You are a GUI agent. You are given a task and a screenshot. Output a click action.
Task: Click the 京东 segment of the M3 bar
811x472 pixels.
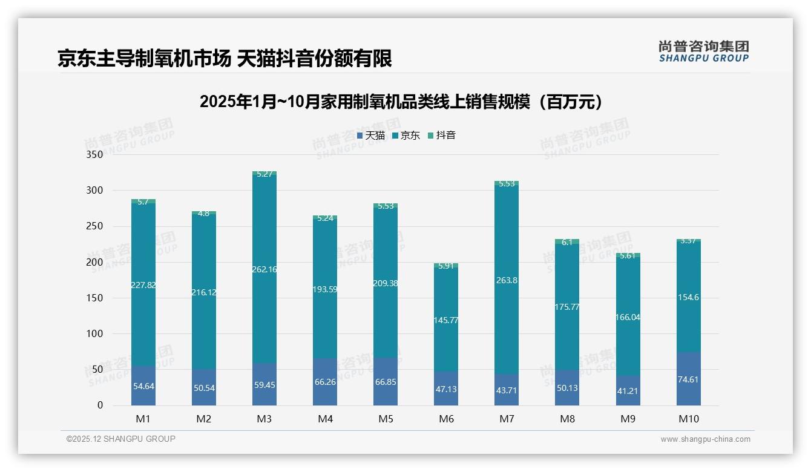pyautogui.click(x=264, y=242)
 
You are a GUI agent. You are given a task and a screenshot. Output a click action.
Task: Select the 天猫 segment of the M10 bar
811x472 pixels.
pyautogui.click(x=688, y=379)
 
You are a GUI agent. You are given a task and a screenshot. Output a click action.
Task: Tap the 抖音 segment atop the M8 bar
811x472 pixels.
pyautogui.click(x=567, y=242)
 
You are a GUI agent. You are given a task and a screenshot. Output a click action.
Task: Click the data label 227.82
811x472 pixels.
pyautogui.click(x=143, y=285)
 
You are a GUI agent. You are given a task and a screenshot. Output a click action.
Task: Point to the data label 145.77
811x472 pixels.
pyautogui.click(x=446, y=320)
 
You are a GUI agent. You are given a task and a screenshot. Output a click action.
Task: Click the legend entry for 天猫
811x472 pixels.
pyautogui.click(x=371, y=136)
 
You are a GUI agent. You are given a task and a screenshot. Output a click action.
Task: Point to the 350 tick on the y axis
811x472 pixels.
pyautogui.click(x=94, y=155)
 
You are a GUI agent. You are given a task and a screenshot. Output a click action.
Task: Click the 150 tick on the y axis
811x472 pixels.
pyautogui.click(x=94, y=298)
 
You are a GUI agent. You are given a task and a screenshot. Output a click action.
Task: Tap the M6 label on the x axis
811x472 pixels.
pyautogui.click(x=446, y=419)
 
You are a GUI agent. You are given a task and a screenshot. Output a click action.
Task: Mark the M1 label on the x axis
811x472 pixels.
pyautogui.click(x=143, y=419)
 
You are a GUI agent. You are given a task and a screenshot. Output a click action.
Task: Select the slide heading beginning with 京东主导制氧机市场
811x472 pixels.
pyautogui.click(x=225, y=59)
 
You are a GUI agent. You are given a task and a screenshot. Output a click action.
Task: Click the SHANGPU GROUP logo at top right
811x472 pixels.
pyautogui.click(x=703, y=51)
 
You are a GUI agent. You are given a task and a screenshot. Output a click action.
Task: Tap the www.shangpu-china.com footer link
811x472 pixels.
pyautogui.click(x=705, y=439)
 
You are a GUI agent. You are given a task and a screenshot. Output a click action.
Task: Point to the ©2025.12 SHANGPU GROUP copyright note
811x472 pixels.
pyautogui.click(x=121, y=439)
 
